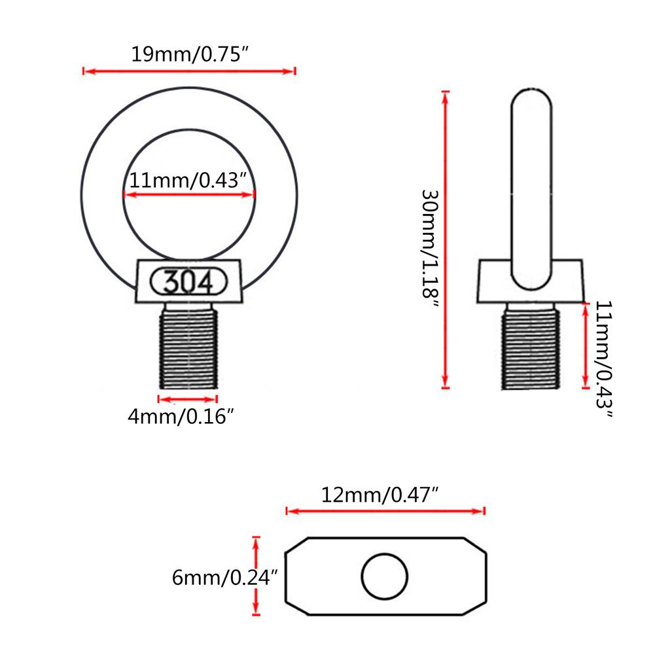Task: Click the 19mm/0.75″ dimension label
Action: (189, 54)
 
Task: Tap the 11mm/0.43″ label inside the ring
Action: (188, 181)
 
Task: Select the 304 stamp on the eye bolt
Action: (188, 281)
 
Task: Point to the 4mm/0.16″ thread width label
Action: (181, 416)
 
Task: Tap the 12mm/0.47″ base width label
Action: (379, 495)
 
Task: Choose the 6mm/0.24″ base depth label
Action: (225, 577)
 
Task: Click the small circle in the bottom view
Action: (385, 576)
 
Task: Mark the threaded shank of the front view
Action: (188, 346)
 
